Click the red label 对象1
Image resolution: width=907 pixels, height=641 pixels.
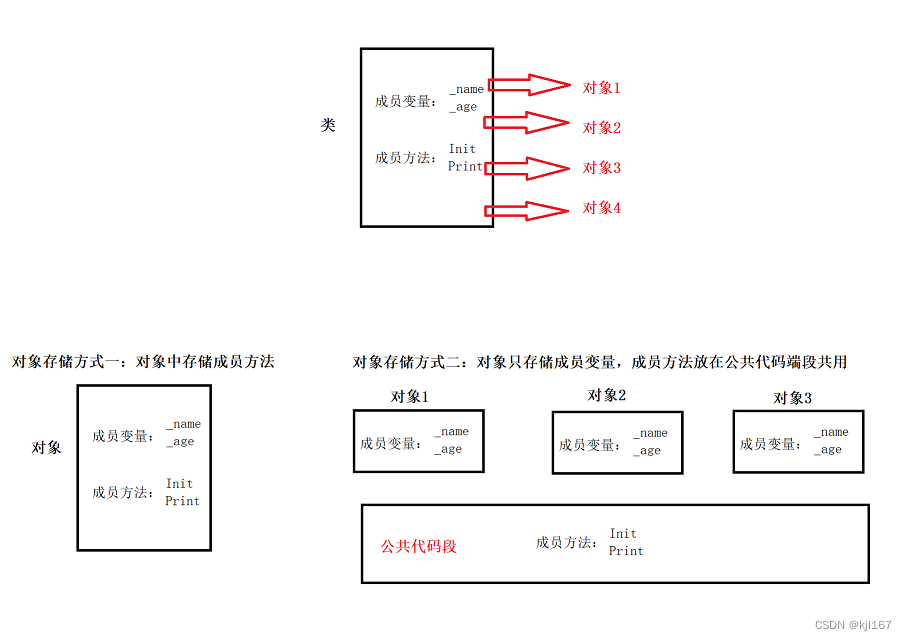click(x=601, y=88)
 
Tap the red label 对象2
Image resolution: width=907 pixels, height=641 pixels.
click(x=601, y=128)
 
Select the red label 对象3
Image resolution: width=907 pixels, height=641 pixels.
click(x=601, y=168)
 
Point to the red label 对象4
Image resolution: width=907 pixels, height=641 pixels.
click(x=601, y=208)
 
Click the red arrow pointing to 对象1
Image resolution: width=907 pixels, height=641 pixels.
click(x=527, y=85)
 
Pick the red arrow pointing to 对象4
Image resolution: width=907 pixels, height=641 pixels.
click(x=527, y=210)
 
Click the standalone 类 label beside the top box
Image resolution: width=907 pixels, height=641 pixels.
click(x=328, y=126)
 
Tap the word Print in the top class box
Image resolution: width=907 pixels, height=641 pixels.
click(x=465, y=167)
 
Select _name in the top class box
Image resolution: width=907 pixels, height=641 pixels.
click(x=466, y=90)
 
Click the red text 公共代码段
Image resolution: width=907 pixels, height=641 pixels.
click(x=418, y=547)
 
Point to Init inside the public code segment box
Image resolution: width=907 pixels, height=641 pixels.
click(x=623, y=534)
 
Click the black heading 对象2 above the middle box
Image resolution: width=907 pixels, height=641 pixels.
click(x=607, y=395)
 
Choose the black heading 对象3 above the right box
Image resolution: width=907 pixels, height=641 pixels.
click(x=793, y=398)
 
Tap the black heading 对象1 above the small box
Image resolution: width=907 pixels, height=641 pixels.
click(x=410, y=397)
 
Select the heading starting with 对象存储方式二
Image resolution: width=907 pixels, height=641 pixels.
click(x=600, y=362)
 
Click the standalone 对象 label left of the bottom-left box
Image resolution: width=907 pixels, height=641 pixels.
click(x=46, y=448)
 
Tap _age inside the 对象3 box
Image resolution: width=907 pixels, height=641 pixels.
click(x=830, y=450)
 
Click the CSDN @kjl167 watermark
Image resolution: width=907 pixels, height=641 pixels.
click(x=853, y=625)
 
